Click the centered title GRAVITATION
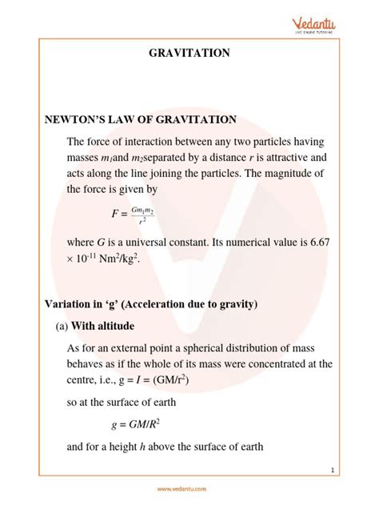coord(189,53)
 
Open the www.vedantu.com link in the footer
coord(189,488)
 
